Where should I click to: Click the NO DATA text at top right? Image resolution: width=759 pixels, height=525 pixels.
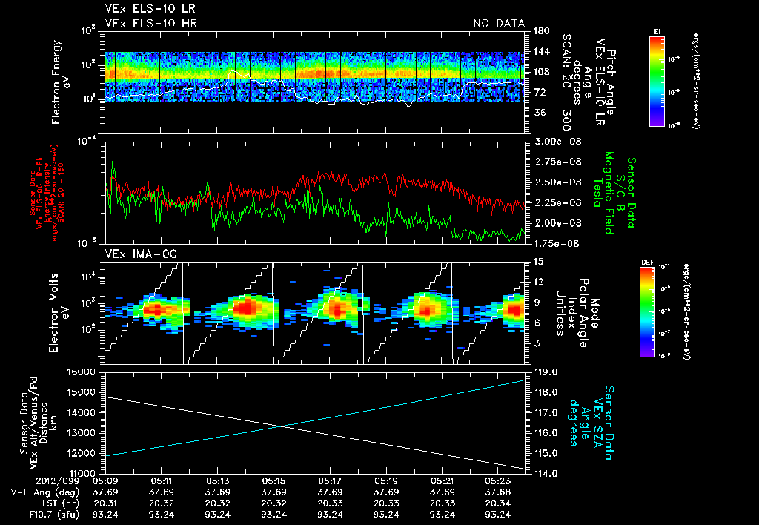(499, 24)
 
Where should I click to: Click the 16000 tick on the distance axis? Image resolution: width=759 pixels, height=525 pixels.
(84, 372)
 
